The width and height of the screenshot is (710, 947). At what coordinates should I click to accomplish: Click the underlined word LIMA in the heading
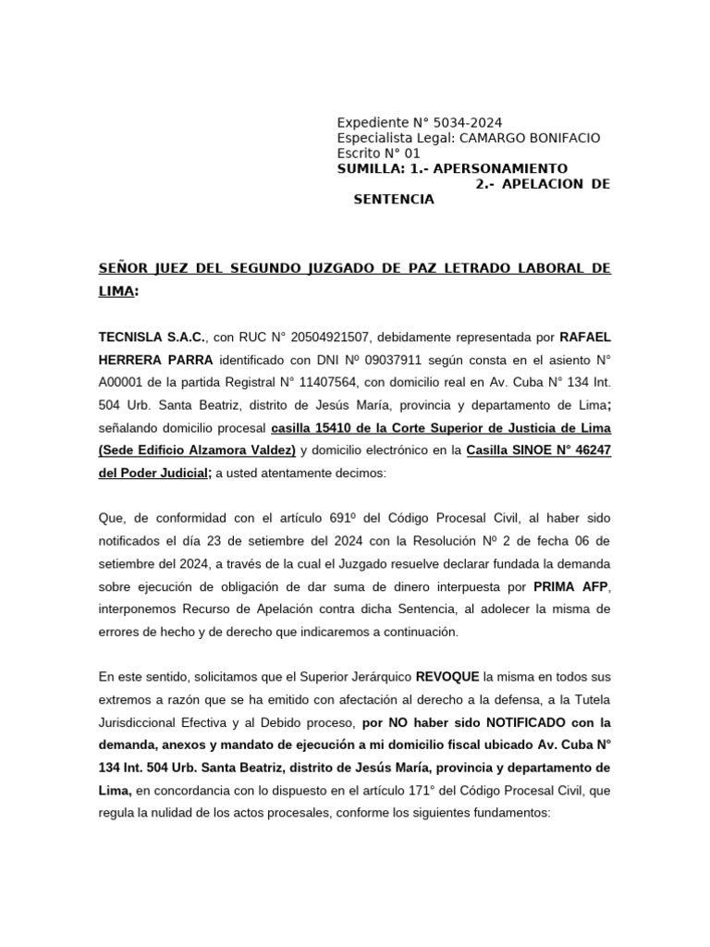click(116, 290)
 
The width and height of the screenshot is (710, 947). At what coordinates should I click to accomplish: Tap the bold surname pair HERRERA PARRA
click(155, 359)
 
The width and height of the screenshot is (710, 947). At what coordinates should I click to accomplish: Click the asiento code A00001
click(123, 381)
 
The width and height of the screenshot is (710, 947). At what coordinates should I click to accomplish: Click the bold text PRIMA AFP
click(572, 586)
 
